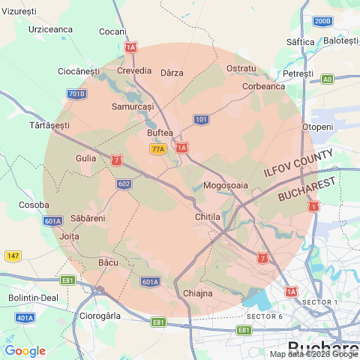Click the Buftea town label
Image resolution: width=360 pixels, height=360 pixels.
[160, 133]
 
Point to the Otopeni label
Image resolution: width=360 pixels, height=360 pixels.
[316, 127]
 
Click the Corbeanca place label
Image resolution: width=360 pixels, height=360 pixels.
[263, 86]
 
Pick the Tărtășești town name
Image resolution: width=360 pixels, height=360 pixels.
[49, 124]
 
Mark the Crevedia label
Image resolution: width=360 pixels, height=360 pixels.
[134, 70]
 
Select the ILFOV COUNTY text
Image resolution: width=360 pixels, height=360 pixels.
[298, 162]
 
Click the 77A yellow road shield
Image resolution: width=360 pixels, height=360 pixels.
[157, 149]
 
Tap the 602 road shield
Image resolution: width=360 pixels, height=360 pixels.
[124, 184]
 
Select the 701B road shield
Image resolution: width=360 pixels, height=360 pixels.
[76, 94]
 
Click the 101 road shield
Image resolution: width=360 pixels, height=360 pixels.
[201, 119]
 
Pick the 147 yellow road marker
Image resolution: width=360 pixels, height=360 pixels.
[12, 256]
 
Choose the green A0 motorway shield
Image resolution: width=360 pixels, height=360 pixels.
[327, 79]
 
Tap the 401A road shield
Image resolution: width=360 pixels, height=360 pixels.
[25, 318]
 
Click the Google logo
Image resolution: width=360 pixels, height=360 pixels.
[25, 350]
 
